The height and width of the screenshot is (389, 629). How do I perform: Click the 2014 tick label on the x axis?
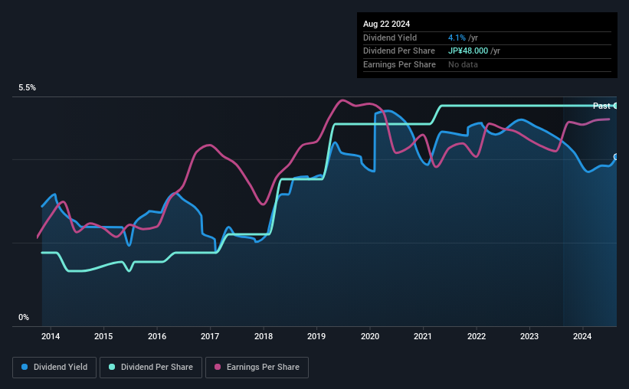[x=51, y=336]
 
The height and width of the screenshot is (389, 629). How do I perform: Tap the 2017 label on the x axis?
[x=210, y=336]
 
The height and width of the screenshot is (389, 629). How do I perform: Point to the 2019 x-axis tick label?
[x=316, y=336]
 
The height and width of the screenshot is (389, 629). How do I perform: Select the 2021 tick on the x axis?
[x=423, y=336]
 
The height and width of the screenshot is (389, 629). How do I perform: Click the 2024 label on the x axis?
[x=582, y=336]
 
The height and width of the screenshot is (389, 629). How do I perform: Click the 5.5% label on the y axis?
[x=28, y=88]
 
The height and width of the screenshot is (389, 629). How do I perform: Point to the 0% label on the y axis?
[x=24, y=317]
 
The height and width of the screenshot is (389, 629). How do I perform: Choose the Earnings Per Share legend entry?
[x=257, y=368]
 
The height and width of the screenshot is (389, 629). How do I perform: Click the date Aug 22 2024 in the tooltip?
[x=386, y=24]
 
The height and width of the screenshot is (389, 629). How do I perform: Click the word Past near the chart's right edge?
[x=601, y=106]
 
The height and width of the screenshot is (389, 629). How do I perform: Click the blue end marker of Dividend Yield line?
[x=616, y=157]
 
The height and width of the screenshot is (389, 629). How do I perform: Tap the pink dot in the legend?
[x=217, y=368]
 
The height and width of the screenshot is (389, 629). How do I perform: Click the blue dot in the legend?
[x=25, y=368]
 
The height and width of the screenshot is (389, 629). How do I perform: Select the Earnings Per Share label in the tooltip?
[x=399, y=64]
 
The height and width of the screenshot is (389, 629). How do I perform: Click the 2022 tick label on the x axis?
[x=476, y=336]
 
